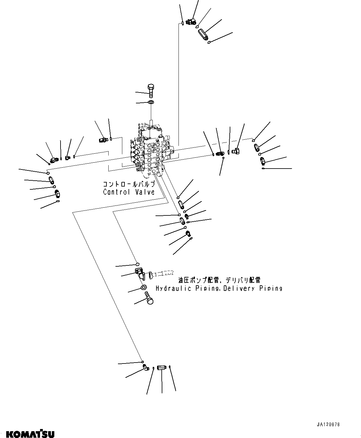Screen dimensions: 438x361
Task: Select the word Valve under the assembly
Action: [x=144, y=192]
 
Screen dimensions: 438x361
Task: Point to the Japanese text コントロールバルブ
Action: [x=129, y=184]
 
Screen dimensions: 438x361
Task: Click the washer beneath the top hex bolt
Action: [x=151, y=102]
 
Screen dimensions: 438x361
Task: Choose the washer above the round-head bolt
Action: [x=144, y=287]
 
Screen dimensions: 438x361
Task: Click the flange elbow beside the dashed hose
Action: [x=140, y=273]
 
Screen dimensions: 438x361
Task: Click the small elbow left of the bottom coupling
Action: [x=146, y=368]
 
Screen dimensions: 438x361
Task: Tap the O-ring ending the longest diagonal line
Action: [x=142, y=362]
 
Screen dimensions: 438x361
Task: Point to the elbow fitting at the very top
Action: [x=190, y=22]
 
